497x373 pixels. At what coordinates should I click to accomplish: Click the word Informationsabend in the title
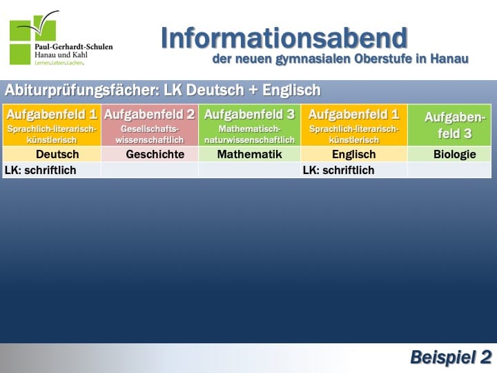pos(284,38)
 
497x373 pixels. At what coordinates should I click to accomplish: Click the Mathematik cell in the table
pos(249,154)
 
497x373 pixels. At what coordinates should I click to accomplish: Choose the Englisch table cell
pos(354,154)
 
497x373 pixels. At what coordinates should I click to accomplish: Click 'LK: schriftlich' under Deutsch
pos(41,171)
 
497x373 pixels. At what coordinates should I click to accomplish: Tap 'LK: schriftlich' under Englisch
pos(338,171)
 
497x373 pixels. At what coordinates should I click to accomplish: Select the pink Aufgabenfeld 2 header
pos(150,125)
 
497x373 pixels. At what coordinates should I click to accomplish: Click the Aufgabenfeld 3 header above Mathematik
pos(249,125)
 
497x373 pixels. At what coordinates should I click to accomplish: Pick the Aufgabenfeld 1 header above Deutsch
pos(52,125)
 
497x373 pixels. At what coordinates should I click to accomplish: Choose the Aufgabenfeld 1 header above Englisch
pos(354,125)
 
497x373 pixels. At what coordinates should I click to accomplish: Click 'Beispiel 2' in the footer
pos(451,358)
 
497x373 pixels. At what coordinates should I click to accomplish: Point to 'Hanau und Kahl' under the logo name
pos(61,55)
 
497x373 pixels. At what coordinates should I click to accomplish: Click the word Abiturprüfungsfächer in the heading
pos(82,90)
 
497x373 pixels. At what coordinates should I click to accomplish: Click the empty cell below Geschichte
pos(150,171)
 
